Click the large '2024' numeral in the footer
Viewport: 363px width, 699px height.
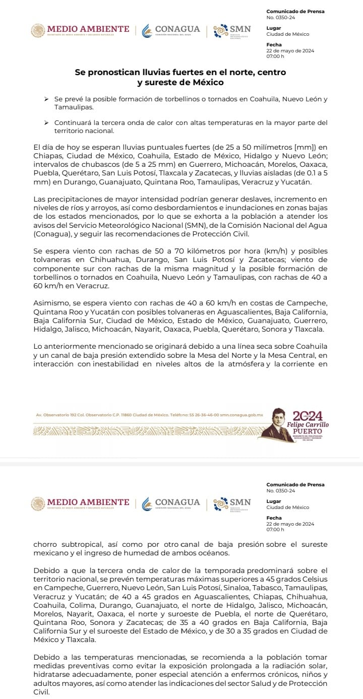308,416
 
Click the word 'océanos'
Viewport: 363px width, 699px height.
212,553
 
